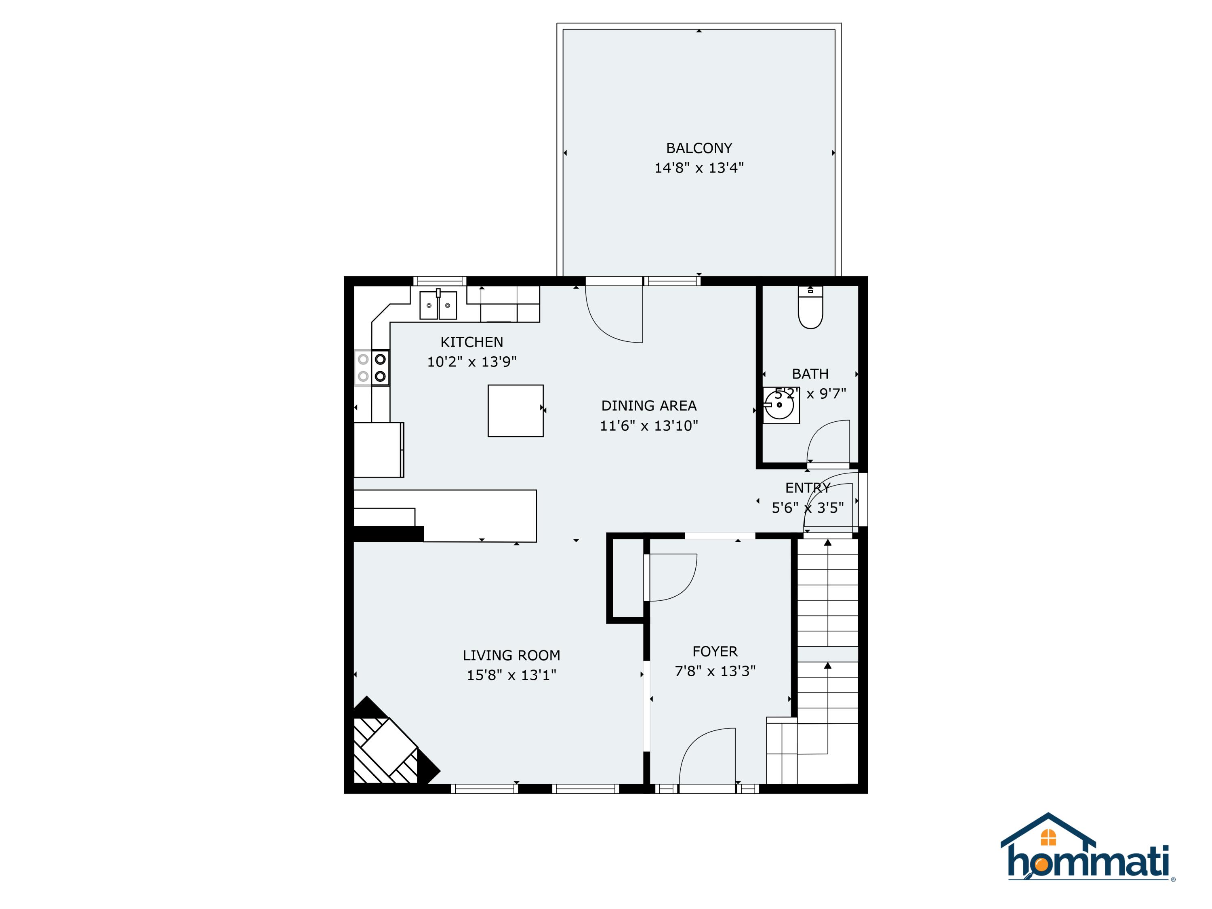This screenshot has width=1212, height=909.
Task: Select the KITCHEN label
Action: point(472,342)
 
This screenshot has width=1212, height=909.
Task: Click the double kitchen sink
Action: point(438,305)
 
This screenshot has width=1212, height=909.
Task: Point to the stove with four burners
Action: point(372,368)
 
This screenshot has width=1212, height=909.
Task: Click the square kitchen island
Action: point(516,410)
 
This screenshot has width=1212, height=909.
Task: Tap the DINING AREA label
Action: point(649,406)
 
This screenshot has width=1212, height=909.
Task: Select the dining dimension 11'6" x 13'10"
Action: point(649,426)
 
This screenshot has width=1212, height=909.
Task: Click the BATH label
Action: point(810,374)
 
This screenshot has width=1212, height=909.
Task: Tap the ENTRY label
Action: point(808,488)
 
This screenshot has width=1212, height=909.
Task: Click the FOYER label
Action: point(715,652)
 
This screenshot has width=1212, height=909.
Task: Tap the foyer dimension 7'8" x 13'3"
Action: point(715,671)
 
